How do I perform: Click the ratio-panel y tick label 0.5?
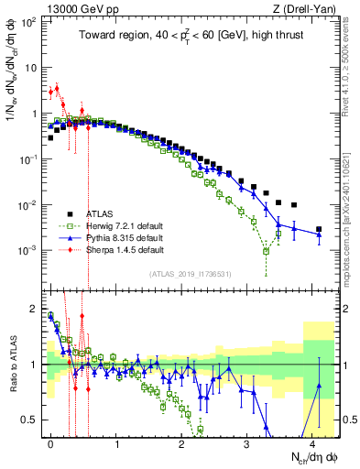(x=32, y=420)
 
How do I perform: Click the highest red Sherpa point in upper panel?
(x=57, y=89)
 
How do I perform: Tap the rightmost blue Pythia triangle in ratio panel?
(x=319, y=386)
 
